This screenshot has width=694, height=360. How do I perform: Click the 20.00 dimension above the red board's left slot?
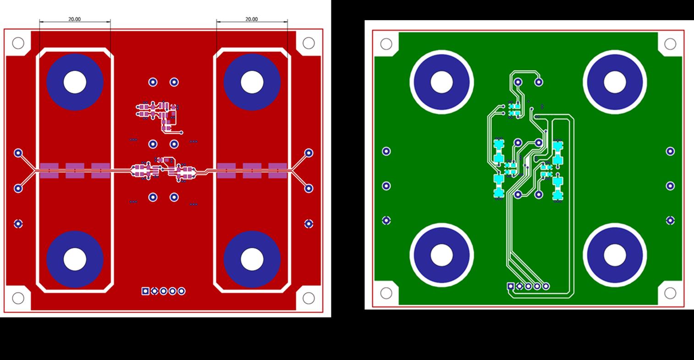pyautogui.click(x=74, y=19)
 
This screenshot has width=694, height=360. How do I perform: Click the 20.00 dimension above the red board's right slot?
pyautogui.click(x=252, y=19)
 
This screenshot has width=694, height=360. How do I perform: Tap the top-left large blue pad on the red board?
pyautogui.click(x=75, y=82)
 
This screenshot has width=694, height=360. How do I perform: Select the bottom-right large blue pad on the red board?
pyautogui.click(x=252, y=259)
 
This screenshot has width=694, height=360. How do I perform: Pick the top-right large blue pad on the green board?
pyautogui.click(x=615, y=82)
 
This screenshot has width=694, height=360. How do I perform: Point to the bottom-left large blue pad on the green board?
pyautogui.click(x=441, y=255)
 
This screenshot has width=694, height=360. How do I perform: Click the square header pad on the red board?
pyautogui.click(x=145, y=291)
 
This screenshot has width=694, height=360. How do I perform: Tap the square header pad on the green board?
pyautogui.click(x=511, y=286)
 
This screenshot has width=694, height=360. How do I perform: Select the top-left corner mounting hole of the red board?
pyautogui.click(x=18, y=43)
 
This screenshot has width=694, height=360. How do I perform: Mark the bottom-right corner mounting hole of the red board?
pyautogui.click(x=308, y=298)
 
